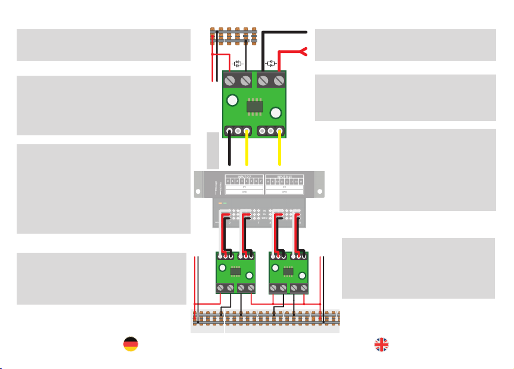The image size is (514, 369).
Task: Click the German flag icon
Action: coord(130,344)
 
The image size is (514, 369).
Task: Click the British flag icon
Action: coord(382,344)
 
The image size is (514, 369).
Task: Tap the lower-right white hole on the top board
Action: coord(276,113)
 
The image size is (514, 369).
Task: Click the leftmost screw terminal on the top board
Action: coord(230,80)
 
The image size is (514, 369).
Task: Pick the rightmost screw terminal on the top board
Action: coord(279,80)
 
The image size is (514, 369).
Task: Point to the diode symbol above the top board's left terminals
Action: coord(238,63)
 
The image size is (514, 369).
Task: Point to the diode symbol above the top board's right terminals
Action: coord(271,63)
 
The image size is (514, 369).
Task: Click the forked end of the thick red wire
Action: coord(303,52)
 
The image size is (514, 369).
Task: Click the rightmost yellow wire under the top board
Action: coord(280,149)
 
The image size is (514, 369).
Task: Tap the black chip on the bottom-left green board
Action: coord(235,272)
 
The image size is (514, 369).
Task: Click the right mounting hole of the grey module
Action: coord(320,193)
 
